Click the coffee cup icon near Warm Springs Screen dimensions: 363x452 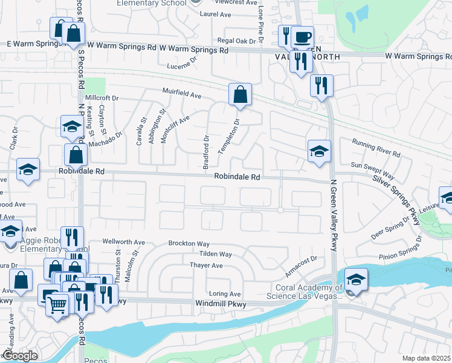302,36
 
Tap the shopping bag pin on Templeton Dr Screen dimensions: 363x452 240,95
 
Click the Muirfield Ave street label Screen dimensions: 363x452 181,95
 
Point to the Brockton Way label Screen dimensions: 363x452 189,243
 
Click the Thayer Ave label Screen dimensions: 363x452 207,266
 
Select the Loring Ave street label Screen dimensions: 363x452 225,293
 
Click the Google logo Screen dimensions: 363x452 19,356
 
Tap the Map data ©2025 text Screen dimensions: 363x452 427,358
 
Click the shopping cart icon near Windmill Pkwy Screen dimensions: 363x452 57,305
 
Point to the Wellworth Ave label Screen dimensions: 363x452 124,242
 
